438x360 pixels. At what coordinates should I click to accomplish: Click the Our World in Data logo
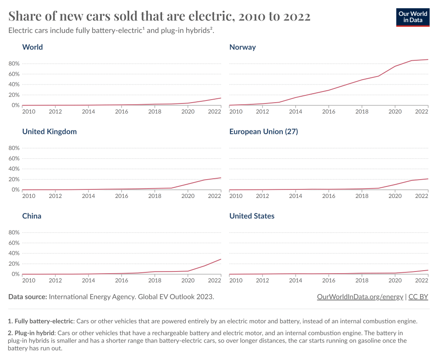[413, 17]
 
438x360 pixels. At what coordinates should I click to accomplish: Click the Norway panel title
[243, 47]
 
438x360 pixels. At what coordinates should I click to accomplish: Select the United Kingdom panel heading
[49, 132]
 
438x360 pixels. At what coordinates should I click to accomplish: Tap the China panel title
[32, 216]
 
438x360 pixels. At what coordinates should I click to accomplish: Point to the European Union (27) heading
[263, 132]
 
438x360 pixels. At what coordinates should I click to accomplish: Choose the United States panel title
[252, 216]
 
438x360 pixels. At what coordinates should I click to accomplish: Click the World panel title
[33, 47]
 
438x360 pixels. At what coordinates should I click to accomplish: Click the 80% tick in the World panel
[14, 64]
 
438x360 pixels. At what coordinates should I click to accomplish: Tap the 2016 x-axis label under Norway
[328, 112]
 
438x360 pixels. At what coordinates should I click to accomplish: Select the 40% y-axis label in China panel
[14, 254]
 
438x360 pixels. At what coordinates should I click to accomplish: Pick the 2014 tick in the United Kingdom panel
[89, 196]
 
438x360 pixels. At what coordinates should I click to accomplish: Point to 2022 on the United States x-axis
[421, 280]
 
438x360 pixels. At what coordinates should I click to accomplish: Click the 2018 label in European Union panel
[362, 196]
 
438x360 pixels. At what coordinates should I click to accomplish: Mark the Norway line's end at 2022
[428, 59]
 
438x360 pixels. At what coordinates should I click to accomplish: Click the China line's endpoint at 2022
[221, 259]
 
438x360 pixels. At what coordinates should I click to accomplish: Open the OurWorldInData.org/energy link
[360, 297]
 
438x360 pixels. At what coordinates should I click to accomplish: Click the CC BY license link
[418, 297]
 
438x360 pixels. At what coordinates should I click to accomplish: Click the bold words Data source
[28, 297]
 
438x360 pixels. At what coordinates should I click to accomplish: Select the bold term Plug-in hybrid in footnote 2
[35, 332]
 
